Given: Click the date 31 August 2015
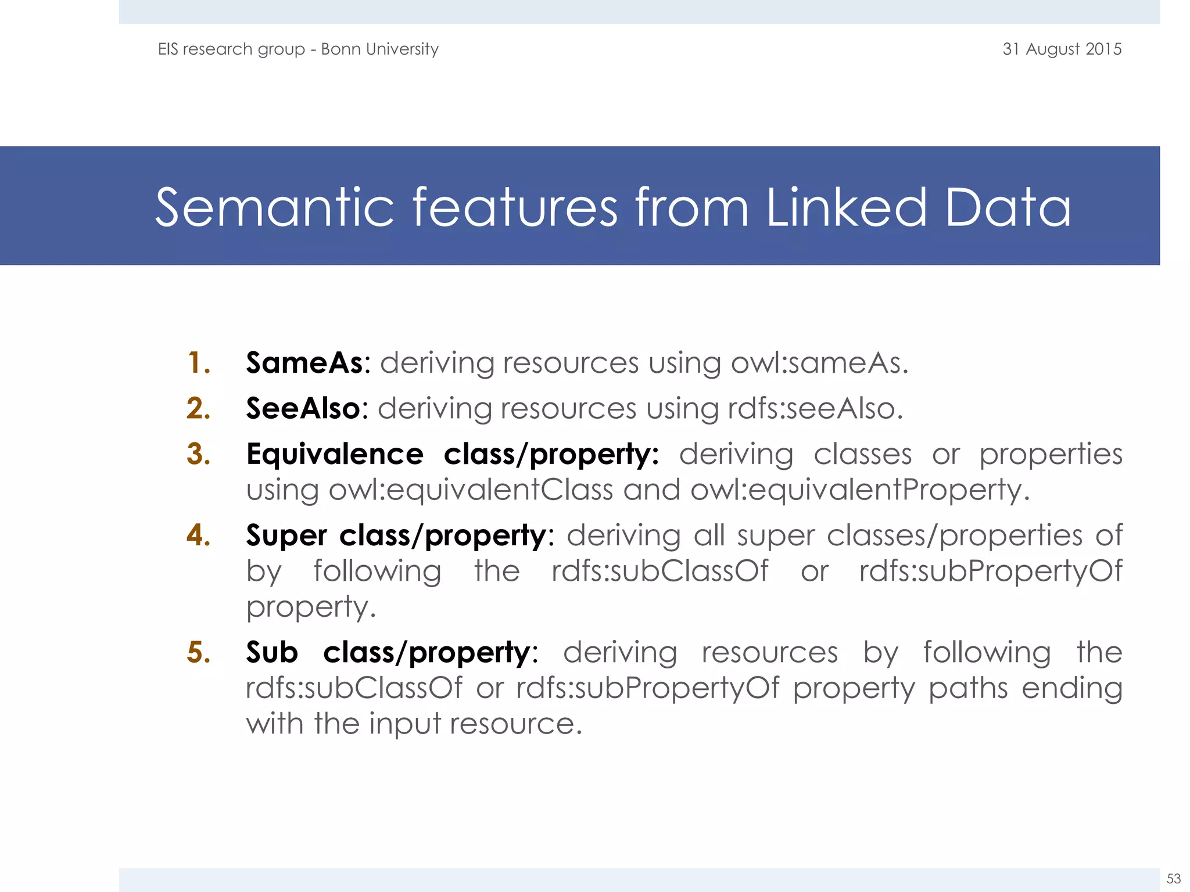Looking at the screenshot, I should click(1062, 49).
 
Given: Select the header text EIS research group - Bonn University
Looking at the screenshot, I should click(298, 49).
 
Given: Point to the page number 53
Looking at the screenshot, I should click(1173, 878).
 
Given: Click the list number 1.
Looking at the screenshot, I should click(198, 363).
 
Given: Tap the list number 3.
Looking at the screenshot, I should click(198, 454).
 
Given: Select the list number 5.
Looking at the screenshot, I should click(198, 652).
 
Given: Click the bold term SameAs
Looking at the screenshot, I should click(304, 363).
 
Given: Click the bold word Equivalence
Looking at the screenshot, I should click(335, 454).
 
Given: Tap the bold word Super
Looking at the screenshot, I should click(286, 535).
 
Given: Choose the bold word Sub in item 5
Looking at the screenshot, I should click(271, 652).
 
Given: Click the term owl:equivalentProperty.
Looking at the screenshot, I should click(859, 490).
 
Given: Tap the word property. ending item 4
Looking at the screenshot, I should click(311, 607).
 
